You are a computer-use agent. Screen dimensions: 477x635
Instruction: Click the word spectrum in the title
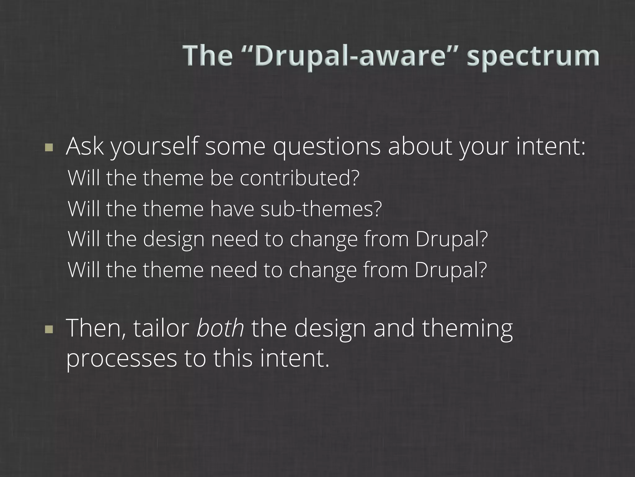[533, 56]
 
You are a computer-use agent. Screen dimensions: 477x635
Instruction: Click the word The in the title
[207, 56]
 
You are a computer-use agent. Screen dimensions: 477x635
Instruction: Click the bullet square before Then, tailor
[49, 329]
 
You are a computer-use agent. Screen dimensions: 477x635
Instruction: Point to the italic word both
[220, 329]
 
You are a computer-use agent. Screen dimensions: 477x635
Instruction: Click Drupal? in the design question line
[451, 240]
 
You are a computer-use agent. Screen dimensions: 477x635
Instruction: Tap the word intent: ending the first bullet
[551, 147]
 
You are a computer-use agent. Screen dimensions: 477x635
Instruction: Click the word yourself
[154, 147]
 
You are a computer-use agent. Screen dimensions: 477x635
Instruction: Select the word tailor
[161, 329]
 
